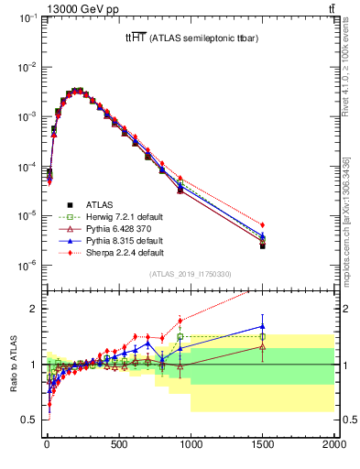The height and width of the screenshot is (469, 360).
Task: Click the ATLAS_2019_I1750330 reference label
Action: [x=189, y=273]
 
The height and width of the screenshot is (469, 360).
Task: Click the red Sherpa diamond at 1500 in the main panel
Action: [x=263, y=224]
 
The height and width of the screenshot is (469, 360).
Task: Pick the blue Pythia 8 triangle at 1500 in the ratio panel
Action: [x=263, y=325]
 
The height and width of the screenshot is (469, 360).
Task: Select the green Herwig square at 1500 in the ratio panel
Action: [x=263, y=336]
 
